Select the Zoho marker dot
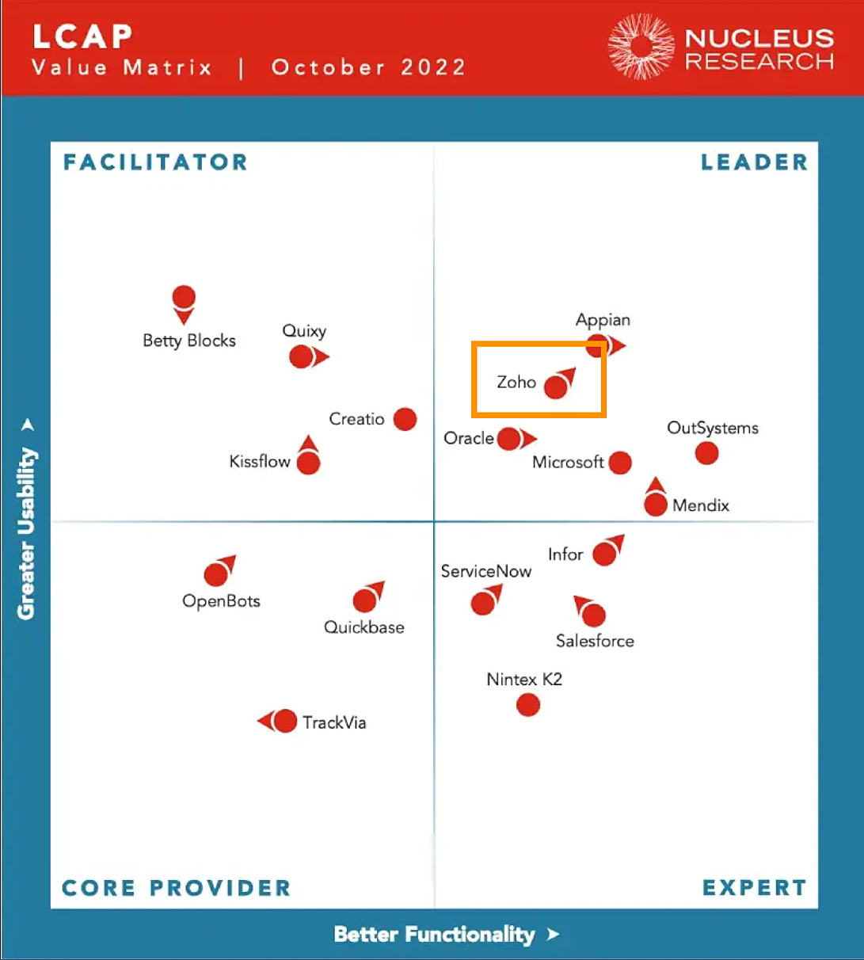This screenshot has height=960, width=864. [556, 387]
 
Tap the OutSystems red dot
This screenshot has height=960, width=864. [706, 453]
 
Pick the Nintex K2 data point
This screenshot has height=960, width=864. [528, 704]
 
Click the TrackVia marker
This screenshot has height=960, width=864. [284, 722]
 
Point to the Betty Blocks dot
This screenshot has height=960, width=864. [184, 298]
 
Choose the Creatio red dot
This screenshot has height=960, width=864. [405, 419]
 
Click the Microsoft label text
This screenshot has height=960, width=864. [568, 462]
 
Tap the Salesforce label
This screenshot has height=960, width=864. [595, 641]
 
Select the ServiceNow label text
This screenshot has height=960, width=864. [485, 571]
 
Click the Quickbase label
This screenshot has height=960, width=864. [364, 627]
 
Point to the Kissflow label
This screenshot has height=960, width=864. [260, 461]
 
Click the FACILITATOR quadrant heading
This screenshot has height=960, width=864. [155, 162]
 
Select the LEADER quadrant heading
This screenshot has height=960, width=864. [754, 162]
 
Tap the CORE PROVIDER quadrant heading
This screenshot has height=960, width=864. [176, 888]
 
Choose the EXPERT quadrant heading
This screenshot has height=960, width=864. [754, 888]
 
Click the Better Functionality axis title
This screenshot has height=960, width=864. [434, 935]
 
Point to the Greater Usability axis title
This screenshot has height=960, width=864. [27, 532]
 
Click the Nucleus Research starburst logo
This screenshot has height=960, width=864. [641, 46]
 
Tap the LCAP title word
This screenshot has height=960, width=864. [82, 36]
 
